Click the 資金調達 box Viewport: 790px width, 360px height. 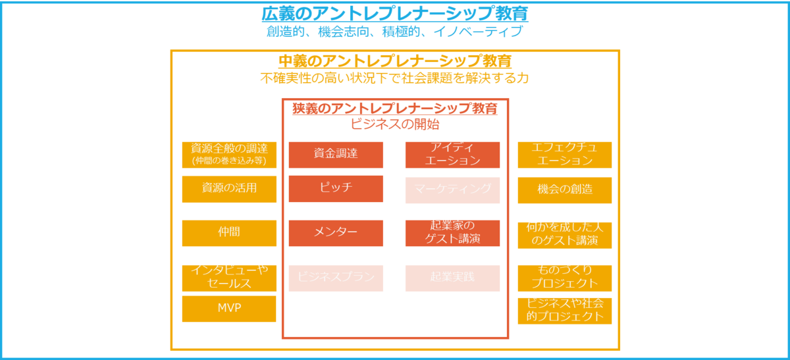(x=336, y=154)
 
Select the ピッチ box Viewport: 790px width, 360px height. (x=336, y=188)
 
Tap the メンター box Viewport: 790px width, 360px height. (x=336, y=233)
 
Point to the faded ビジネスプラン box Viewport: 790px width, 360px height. (x=336, y=278)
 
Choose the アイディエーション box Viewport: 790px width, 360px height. (x=452, y=155)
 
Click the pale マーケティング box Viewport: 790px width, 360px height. (x=452, y=190)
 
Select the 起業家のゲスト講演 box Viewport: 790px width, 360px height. (x=452, y=233)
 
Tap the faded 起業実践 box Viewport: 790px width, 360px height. (x=452, y=278)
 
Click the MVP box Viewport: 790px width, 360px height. (x=229, y=309)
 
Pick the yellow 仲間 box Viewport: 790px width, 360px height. (x=229, y=233)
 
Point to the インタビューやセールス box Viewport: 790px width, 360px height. (x=229, y=278)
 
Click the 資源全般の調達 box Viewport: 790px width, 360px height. (x=229, y=155)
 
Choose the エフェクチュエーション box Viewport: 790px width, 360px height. (x=565, y=155)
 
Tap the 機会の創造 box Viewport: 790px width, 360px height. (x=565, y=190)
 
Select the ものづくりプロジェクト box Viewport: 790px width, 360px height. (x=565, y=278)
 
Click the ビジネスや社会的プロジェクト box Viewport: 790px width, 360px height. (x=565, y=311)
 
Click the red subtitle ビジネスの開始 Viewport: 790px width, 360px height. (x=395, y=123)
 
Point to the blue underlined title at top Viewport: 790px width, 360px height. (x=395, y=14)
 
